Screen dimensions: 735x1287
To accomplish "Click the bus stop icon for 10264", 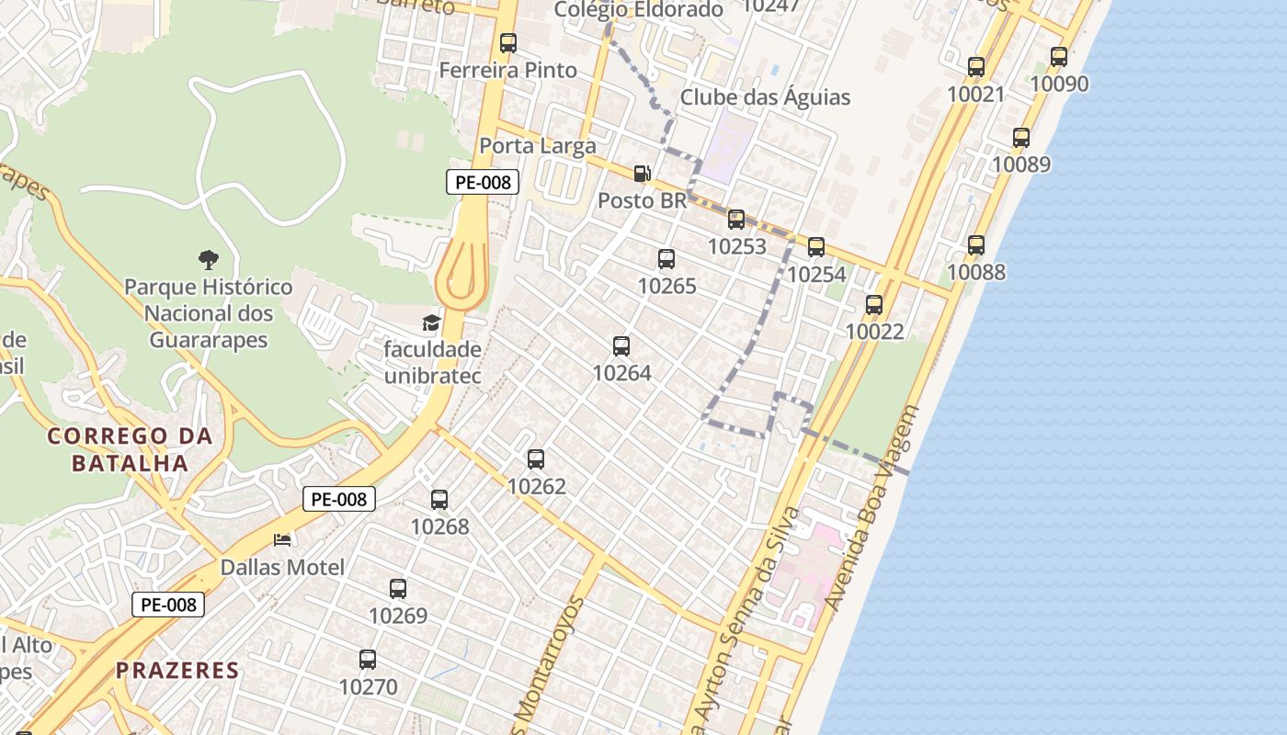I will [x=621, y=346].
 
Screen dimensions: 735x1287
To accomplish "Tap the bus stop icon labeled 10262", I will [x=536, y=459].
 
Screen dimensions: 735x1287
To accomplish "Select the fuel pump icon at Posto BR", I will [x=642, y=173].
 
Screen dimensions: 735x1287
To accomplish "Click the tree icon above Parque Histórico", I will [x=209, y=260].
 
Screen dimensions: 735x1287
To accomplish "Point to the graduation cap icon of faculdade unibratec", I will [x=431, y=322].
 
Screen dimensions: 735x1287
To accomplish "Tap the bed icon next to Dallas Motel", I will [x=282, y=539].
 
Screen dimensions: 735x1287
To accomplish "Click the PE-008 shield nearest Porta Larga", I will [x=483, y=182].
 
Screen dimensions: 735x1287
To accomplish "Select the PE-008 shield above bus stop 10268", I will [x=339, y=500].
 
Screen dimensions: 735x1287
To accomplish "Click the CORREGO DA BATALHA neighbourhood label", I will [x=131, y=449].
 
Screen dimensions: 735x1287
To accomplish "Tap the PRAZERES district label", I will [x=177, y=671].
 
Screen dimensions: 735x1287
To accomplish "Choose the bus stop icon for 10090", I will [x=1059, y=56].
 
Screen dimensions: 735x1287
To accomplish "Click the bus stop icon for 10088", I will [x=976, y=245].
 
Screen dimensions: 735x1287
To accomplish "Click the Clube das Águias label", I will [x=765, y=97].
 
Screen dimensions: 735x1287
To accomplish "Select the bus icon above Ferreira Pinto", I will [x=508, y=42].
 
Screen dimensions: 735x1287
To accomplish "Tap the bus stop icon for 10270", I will [x=368, y=660].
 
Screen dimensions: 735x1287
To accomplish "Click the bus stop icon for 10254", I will [x=816, y=246].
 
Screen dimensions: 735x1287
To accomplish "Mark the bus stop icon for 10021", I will [x=976, y=67].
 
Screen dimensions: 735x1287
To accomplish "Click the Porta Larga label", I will [x=538, y=145].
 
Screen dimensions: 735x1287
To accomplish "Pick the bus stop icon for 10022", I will [x=874, y=304].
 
